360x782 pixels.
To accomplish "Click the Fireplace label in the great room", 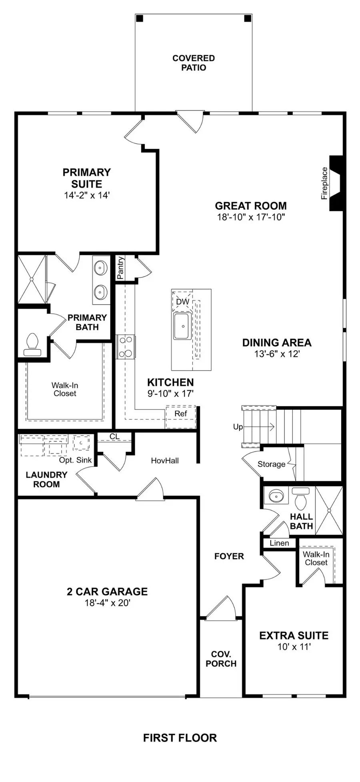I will [x=324, y=183].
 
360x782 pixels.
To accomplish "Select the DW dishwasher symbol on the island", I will [x=182, y=301].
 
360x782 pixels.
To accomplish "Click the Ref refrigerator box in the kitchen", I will [x=181, y=414].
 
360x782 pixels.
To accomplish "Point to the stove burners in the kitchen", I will [x=126, y=347].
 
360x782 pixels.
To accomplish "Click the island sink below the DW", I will [x=182, y=326].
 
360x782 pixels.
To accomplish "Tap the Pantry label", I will [x=120, y=268].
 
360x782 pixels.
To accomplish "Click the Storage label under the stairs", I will [x=271, y=464].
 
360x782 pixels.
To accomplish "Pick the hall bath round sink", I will [x=276, y=497].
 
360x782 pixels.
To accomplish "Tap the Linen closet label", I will [x=279, y=543].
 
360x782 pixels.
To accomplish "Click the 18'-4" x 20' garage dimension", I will [x=107, y=603].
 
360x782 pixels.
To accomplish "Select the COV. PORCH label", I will [x=221, y=659].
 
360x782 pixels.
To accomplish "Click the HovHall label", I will [x=165, y=461].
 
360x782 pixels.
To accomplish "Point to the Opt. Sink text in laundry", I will [x=75, y=460].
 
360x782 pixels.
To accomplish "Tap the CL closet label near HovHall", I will [x=114, y=436].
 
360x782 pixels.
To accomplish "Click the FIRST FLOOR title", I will [x=180, y=738].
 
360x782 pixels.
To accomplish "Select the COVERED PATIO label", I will [x=194, y=63].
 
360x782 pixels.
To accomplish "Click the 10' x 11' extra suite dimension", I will [x=294, y=647].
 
